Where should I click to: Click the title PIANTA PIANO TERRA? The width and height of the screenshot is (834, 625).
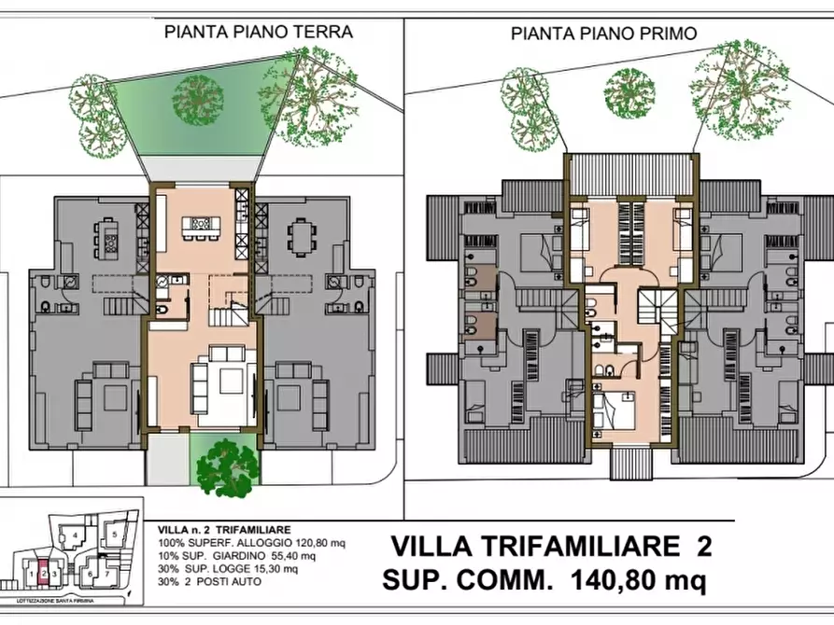[258, 31]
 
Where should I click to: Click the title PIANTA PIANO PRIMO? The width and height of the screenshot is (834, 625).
[603, 34]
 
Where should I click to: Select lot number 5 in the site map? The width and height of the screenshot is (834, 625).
[111, 534]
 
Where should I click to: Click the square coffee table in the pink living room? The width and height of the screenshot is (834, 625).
[229, 378]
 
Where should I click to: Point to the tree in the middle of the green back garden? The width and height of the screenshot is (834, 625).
[197, 94]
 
